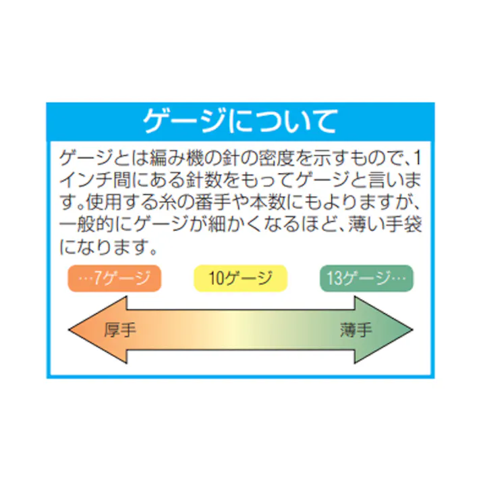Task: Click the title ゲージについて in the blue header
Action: (240, 121)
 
